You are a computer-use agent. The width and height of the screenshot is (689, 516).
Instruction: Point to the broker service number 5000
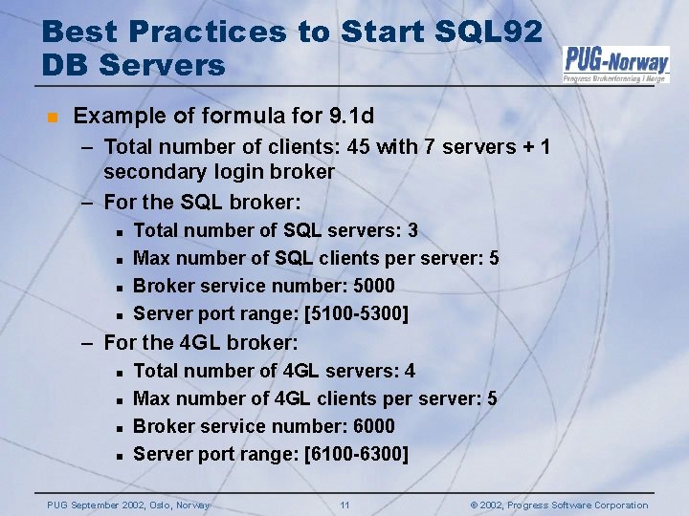coord(371,286)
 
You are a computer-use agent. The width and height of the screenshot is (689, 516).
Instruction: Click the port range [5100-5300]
coord(355,313)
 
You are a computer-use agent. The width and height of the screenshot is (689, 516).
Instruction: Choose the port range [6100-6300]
coord(355,454)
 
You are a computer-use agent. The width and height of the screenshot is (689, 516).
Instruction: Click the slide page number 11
coord(344,505)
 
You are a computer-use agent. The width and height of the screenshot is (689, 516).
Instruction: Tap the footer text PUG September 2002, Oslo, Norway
coord(129,505)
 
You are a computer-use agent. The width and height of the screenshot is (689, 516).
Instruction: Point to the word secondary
coord(151,172)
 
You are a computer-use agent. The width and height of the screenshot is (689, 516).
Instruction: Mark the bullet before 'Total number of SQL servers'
coord(118,231)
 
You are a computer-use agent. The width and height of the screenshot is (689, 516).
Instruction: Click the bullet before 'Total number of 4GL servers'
coord(118,372)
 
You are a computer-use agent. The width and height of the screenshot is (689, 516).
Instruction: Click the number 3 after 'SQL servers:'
coord(412,230)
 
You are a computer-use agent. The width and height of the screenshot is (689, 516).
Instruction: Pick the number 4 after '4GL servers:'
coord(410,371)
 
